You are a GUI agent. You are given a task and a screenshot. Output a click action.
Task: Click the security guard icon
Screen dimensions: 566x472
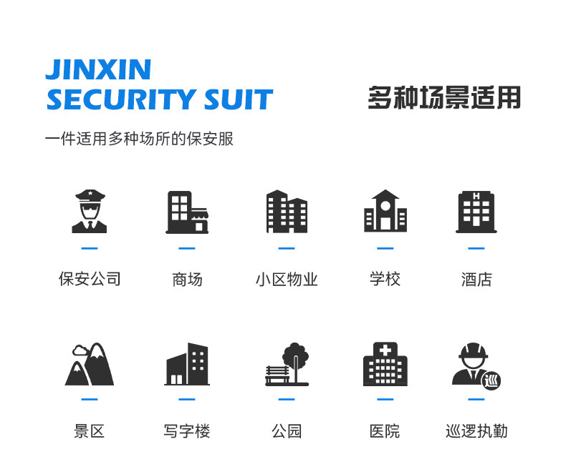(x=90, y=212)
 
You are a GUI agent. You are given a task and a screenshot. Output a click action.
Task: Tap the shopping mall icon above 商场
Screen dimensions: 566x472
(x=187, y=212)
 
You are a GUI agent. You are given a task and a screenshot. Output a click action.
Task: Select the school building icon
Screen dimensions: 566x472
(x=385, y=211)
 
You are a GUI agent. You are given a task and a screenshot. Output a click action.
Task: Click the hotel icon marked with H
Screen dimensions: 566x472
(x=476, y=212)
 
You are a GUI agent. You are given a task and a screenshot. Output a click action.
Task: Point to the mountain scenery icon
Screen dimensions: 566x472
(x=90, y=365)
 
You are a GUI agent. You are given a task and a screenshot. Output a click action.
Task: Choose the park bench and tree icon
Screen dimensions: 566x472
(x=287, y=365)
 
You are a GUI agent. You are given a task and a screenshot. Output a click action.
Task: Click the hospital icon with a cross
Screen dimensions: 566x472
(x=385, y=365)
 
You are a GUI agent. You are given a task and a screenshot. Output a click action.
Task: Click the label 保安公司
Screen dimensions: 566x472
(x=90, y=279)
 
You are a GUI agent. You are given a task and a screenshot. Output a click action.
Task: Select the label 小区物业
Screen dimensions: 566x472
(x=287, y=279)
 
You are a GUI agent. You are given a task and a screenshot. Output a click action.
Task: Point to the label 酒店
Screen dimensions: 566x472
(x=476, y=279)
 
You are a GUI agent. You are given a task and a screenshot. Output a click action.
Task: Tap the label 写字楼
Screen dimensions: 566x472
(x=187, y=431)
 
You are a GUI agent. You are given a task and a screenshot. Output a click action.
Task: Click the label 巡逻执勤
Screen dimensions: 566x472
(x=476, y=431)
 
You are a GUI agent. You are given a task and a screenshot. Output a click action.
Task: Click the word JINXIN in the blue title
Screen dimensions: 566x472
(x=98, y=69)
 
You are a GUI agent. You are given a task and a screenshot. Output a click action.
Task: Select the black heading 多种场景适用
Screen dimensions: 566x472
(x=444, y=97)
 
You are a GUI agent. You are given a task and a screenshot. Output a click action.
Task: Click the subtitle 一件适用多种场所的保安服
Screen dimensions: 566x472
(x=139, y=139)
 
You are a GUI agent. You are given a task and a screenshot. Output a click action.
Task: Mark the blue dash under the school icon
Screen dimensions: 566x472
(x=385, y=248)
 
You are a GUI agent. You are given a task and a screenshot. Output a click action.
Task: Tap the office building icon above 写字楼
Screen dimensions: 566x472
(x=187, y=365)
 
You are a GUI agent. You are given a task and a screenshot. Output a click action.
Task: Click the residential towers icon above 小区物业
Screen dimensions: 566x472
(x=287, y=212)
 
